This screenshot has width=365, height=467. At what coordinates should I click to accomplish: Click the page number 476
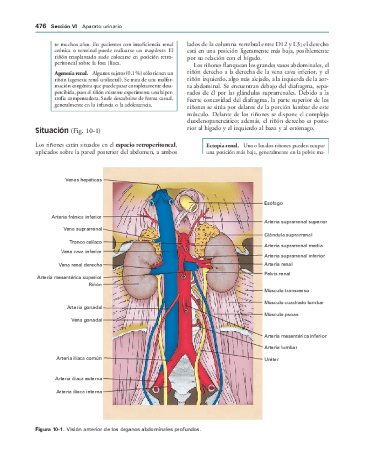pyautogui.click(x=40, y=26)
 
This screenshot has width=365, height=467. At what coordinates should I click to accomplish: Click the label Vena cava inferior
pyautogui.click(x=83, y=251)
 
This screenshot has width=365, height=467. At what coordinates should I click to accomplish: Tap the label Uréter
pyautogui.click(x=272, y=359)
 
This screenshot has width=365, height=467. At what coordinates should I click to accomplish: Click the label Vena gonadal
pyautogui.click(x=87, y=320)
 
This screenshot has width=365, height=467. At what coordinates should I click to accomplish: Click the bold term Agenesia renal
pyautogui.click(x=72, y=73)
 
